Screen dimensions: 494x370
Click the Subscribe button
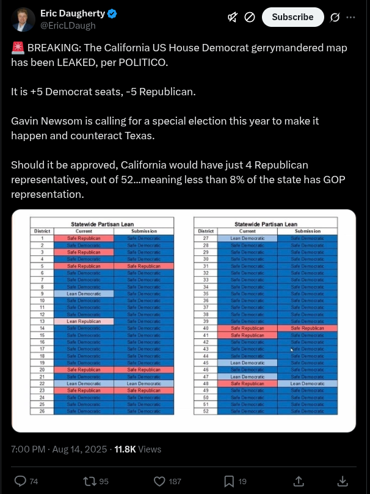pos(292,17)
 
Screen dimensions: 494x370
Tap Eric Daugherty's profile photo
pos(23,20)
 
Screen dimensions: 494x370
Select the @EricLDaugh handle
pos(68,26)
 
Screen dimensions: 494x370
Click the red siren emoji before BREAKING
pos(17,48)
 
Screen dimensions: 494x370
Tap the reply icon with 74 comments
pos(20,481)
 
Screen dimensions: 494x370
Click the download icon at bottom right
pos(343,481)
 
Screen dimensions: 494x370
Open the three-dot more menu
pos(350,17)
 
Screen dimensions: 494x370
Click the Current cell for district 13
pos(84,321)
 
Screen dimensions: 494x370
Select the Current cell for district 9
pos(84,294)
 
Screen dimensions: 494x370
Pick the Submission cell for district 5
pos(144,266)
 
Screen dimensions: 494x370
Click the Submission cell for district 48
pos(308,383)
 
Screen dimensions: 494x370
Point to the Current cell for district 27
pos(247,238)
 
